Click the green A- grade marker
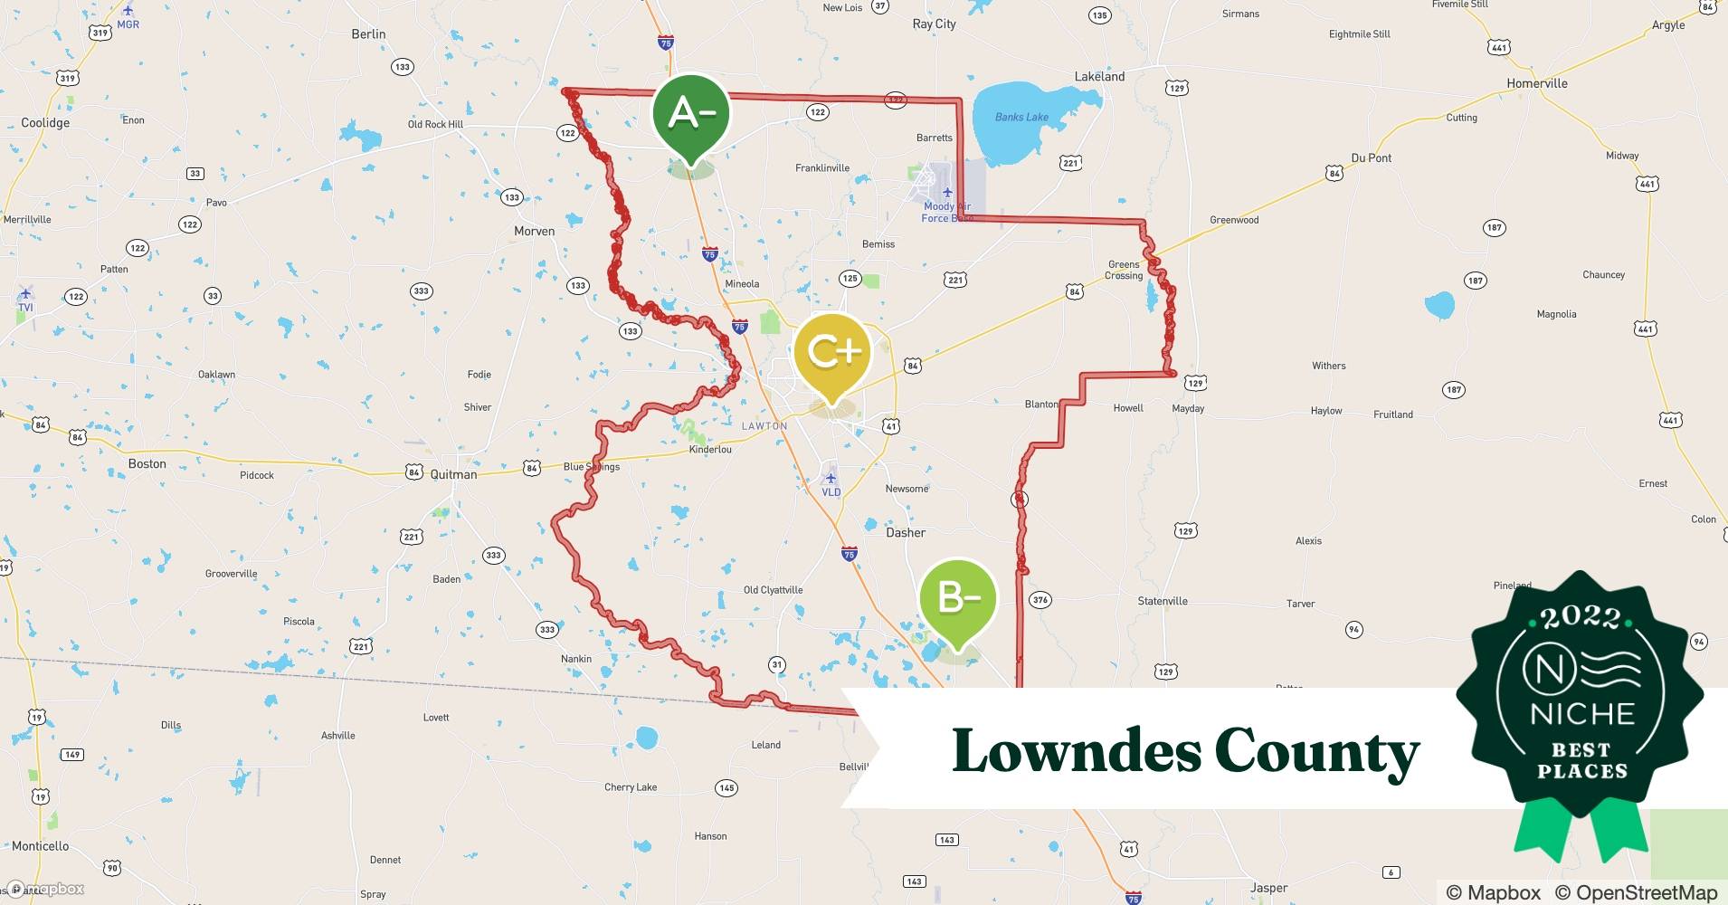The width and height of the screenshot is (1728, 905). pos(690,114)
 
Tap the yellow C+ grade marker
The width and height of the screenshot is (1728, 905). pos(831,352)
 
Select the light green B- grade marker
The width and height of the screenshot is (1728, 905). pos(957,598)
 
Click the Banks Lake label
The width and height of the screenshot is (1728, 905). pos(1021,118)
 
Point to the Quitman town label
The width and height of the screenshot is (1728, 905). pos(453,474)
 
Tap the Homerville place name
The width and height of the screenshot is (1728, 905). pos(1536,83)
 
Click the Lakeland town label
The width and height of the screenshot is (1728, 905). pos(1099,77)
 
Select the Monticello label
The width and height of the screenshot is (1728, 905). pos(40,846)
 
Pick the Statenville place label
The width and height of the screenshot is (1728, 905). pos(1162,601)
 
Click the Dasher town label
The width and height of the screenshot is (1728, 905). pos(905,533)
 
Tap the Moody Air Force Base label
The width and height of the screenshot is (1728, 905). pos(946,212)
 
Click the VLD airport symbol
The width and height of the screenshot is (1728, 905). pos(831,478)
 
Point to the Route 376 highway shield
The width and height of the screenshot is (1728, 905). pos(1040,600)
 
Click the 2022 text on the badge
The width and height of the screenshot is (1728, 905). pos(1581,618)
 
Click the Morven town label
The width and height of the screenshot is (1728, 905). pos(534,232)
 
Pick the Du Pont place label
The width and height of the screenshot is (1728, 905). pos(1371,158)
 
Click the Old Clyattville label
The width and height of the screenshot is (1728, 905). pos(773,590)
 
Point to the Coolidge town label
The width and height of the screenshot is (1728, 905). pos(45,123)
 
